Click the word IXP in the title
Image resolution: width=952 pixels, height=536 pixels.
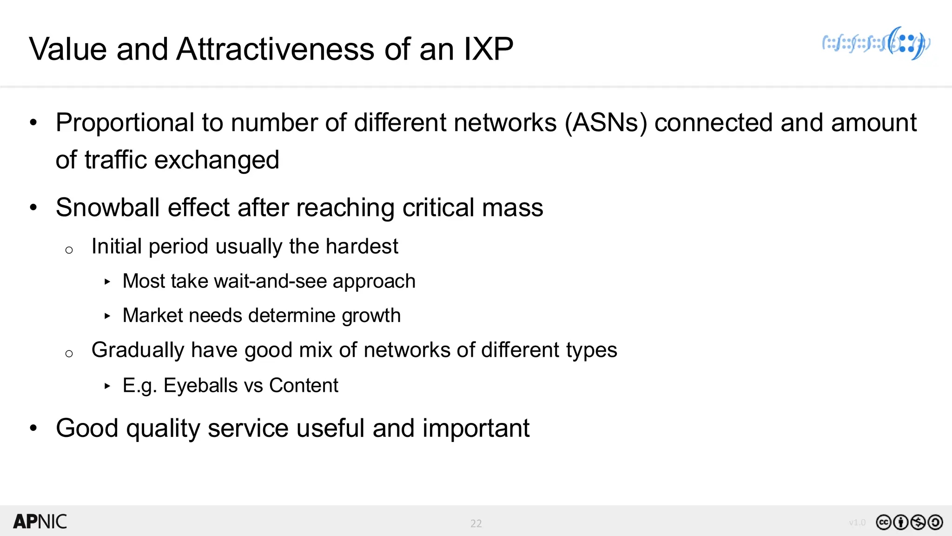(x=488, y=49)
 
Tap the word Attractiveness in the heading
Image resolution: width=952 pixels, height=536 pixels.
(x=276, y=49)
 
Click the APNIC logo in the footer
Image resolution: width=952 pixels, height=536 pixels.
(x=40, y=522)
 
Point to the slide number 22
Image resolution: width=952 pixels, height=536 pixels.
(x=476, y=523)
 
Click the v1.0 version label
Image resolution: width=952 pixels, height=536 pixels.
(x=857, y=523)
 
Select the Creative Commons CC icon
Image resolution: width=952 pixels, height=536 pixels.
(x=883, y=523)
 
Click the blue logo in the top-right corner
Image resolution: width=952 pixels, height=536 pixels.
(x=876, y=44)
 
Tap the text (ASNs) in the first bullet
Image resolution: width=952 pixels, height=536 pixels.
(x=606, y=123)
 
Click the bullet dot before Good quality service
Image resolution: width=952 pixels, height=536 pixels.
(x=33, y=428)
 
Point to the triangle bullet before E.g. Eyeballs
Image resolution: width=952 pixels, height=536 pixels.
(x=107, y=386)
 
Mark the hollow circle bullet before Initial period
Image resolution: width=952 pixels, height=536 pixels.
(x=69, y=250)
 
